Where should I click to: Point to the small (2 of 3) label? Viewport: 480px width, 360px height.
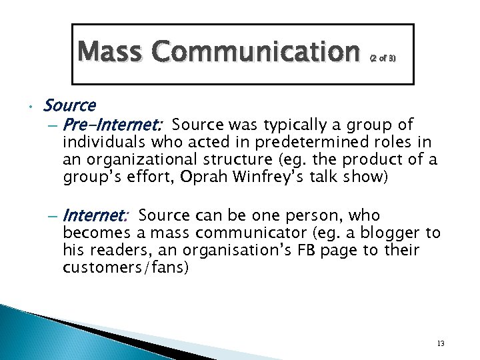coord(382,59)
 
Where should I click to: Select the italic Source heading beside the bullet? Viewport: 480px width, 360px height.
coord(69,105)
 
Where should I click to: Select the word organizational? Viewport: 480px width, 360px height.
coord(141,159)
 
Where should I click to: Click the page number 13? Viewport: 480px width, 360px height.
coord(440,343)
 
